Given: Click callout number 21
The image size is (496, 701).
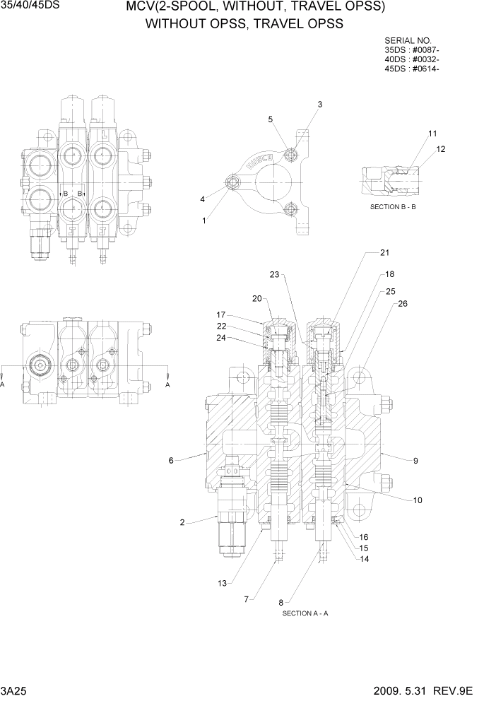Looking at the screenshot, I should pyautogui.click(x=385, y=252).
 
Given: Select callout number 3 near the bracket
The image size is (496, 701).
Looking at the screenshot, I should pyautogui.click(x=319, y=105).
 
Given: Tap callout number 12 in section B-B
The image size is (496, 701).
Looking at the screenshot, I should pyautogui.click(x=441, y=149).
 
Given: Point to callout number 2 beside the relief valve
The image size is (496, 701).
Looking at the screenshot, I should pyautogui.click(x=182, y=523).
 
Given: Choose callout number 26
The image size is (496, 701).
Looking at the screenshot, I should pyautogui.click(x=403, y=304).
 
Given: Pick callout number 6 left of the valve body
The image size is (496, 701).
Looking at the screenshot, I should pyautogui.click(x=171, y=461).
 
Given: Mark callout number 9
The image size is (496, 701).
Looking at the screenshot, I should pyautogui.click(x=416, y=461).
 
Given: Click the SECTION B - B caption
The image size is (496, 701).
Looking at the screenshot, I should pyautogui.click(x=393, y=207).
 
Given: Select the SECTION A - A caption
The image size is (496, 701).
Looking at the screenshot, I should pyautogui.click(x=305, y=613).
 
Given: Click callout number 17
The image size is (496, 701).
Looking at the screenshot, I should pyautogui.click(x=220, y=314).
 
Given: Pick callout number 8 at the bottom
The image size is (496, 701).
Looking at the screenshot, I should pyautogui.click(x=282, y=602).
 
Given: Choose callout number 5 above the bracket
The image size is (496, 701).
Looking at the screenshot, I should pyautogui.click(x=270, y=119).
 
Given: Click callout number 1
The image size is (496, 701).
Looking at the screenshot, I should pyautogui.click(x=204, y=220).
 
